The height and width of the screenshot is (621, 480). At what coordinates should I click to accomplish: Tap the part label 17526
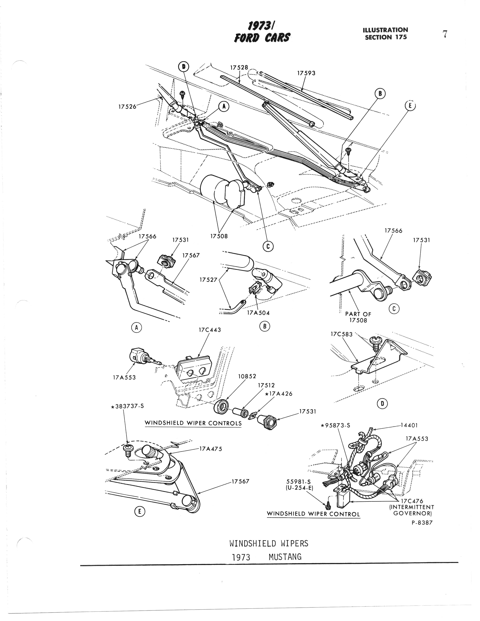pos(127,107)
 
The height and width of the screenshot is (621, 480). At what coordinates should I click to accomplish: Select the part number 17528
pos(239,68)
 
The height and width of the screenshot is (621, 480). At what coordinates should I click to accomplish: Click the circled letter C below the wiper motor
pos(268,246)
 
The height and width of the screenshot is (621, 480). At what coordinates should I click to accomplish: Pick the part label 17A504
pos(258,313)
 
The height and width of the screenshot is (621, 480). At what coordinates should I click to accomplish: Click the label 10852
pos(247,376)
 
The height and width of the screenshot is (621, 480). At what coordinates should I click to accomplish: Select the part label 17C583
pos(341,334)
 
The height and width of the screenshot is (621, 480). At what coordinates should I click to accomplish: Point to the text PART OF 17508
pos(358,317)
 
